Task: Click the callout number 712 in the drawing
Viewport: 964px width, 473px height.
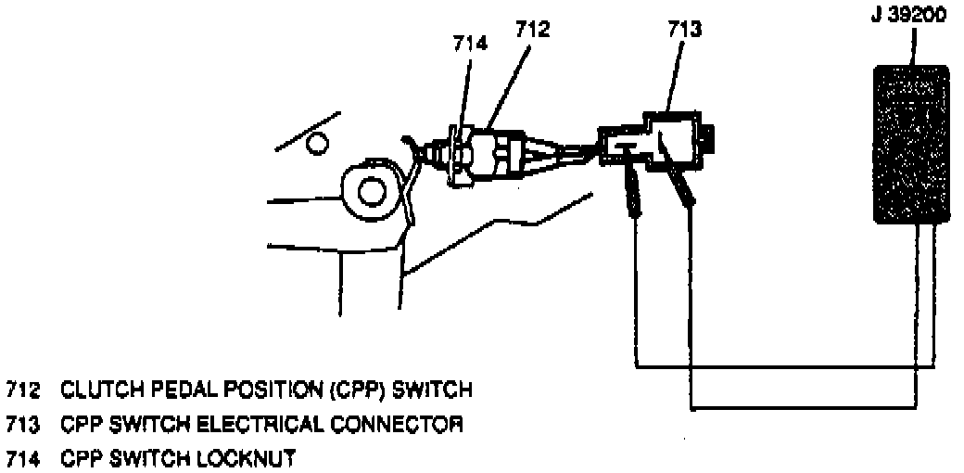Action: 532,29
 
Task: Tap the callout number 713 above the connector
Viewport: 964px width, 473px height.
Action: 684,29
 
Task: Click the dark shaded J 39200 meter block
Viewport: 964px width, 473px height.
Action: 912,144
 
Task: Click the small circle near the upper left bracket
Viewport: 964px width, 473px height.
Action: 318,142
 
